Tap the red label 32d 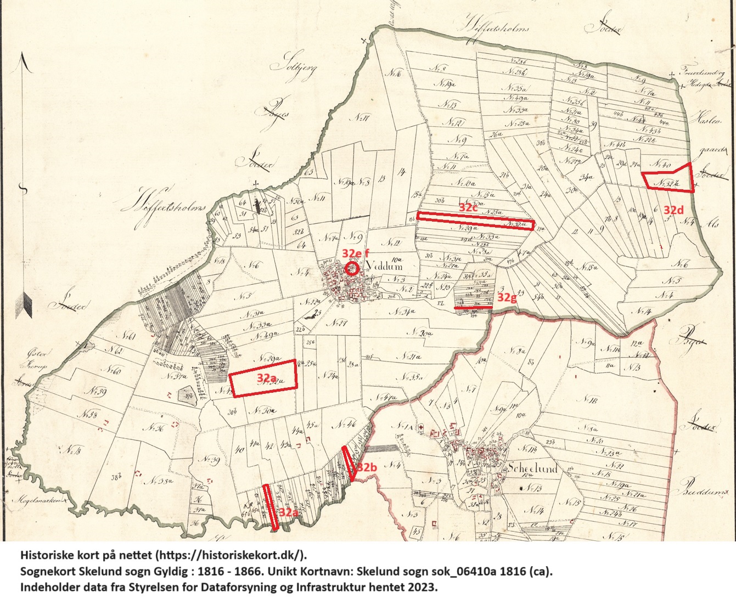tap(673, 210)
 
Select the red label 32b tap(367, 467)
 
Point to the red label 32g tap(507, 297)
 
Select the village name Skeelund tap(532, 468)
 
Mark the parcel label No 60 tap(114, 371)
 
